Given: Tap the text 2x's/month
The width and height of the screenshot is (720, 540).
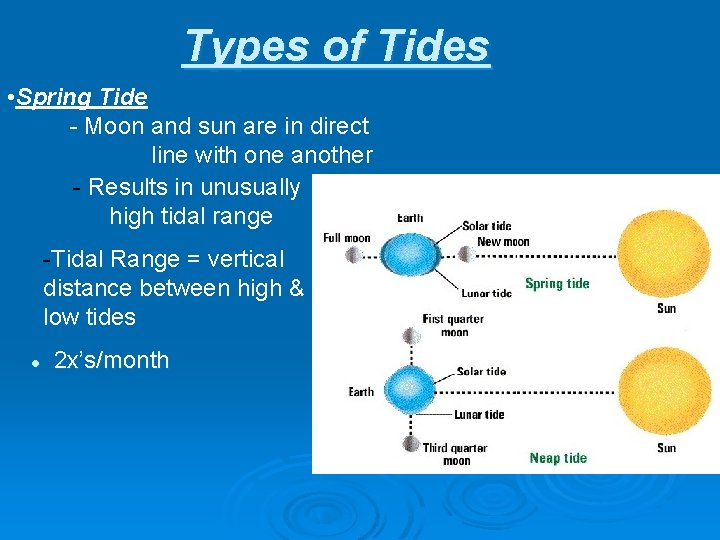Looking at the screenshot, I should click(x=111, y=360).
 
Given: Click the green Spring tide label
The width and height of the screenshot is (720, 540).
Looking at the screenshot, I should click(x=557, y=283).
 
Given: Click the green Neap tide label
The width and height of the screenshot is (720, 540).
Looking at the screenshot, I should click(x=558, y=458).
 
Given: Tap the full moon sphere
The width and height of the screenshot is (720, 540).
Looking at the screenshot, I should click(x=352, y=255).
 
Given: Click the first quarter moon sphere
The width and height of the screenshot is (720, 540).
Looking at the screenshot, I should click(x=410, y=334).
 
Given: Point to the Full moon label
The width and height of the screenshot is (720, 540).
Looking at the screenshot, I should click(x=346, y=237).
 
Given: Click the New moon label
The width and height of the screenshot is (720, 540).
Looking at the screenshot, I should click(x=503, y=242).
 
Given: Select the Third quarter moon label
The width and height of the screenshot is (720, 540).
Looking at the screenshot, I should click(x=455, y=454).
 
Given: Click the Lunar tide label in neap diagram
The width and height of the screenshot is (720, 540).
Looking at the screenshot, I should click(x=479, y=414).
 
